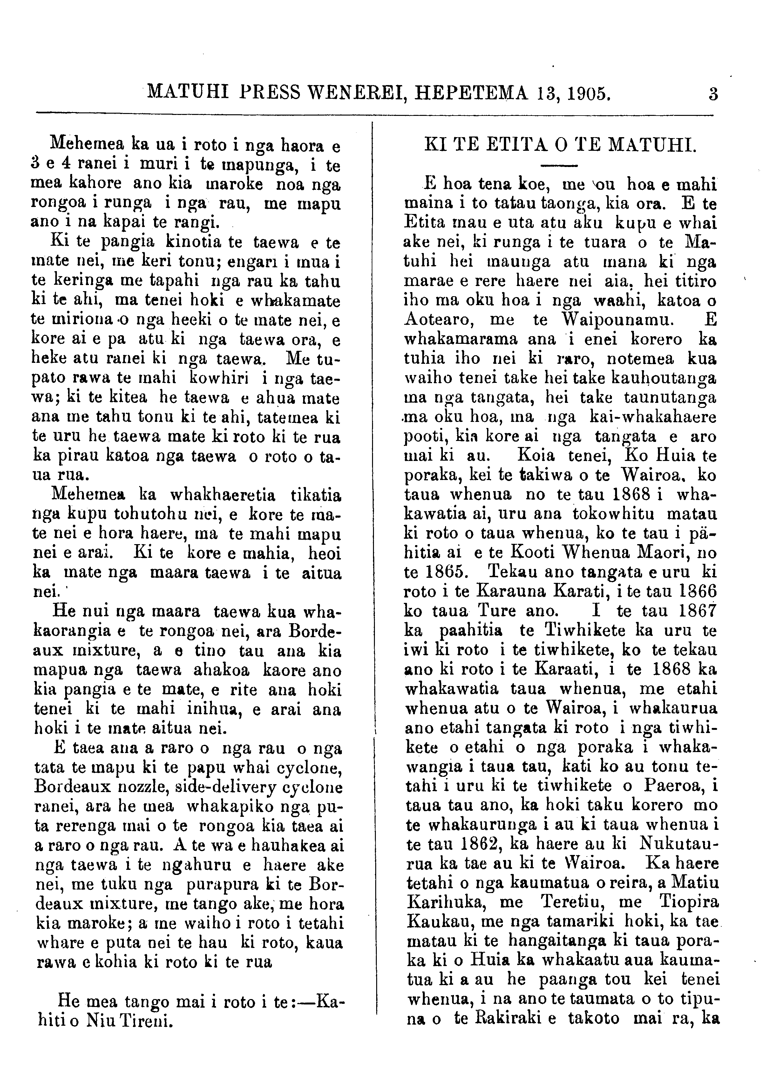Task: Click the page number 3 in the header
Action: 713,94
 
